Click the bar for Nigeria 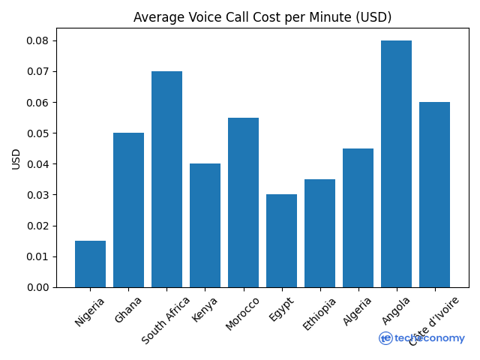[90, 264]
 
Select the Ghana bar [128, 210]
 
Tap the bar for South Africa [166, 179]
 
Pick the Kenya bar [205, 225]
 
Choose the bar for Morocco [243, 202]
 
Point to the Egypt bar [281, 241]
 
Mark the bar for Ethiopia [319, 233]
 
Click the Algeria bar [358, 217]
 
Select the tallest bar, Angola [396, 163]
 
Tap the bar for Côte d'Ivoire [434, 194]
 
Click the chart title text [262, 17]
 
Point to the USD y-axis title [16, 158]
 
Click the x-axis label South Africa [166, 319]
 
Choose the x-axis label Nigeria [90, 312]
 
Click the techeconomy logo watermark [421, 338]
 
